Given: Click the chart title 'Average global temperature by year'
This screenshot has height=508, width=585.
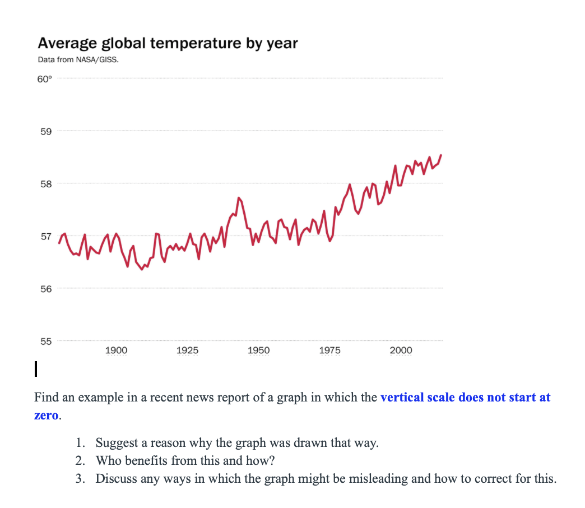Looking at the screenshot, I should [x=168, y=43].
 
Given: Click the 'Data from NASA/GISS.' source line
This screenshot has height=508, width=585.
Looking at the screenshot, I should [x=78, y=59].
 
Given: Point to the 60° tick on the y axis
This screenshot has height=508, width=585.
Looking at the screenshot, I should [x=44, y=79].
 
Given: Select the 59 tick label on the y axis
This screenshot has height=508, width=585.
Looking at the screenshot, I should [x=45, y=132].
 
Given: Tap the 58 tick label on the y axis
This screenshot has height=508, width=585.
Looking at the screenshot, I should [x=45, y=184].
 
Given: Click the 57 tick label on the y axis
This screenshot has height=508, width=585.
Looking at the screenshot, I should [x=45, y=236].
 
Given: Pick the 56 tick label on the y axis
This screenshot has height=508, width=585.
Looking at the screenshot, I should [x=45, y=289].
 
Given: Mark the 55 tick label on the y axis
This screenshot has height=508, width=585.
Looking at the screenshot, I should [x=45, y=341].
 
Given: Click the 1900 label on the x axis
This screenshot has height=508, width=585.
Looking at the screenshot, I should [x=116, y=350].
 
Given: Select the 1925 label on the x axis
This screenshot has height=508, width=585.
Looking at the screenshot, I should [x=187, y=350].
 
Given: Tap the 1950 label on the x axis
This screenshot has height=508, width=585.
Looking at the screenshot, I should [x=258, y=350].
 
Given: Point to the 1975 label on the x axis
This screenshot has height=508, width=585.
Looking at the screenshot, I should [x=329, y=350].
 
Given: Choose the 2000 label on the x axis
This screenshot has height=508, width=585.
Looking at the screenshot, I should [x=401, y=350].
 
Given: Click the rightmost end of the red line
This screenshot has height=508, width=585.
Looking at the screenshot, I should [x=441, y=155].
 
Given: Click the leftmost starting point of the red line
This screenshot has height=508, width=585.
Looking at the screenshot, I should [x=59, y=243].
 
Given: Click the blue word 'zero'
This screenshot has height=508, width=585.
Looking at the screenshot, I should [x=47, y=417].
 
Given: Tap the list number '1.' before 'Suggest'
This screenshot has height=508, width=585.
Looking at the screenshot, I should [x=81, y=443].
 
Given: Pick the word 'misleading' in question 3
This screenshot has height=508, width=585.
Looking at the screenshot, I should [x=381, y=479].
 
